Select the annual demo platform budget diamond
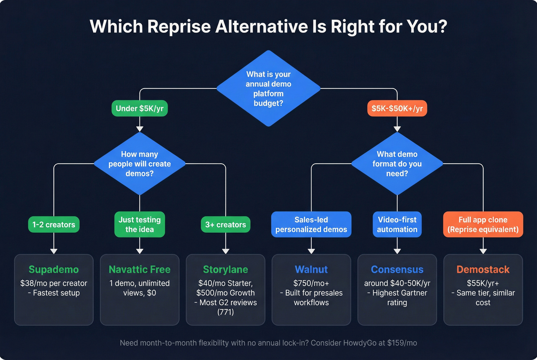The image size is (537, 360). coord(268,89)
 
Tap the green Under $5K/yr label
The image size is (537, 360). coord(140,108)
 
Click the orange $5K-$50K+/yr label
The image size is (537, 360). coord(397,108)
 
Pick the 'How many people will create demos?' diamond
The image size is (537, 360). coord(140,164)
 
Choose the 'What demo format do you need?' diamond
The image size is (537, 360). coord(397,164)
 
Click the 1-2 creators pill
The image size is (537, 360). coord(54,225)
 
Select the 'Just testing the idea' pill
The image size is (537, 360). coord(140,225)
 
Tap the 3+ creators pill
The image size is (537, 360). coord(226,225)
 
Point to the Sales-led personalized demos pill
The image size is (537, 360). coord(311,225)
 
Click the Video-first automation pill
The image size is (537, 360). coord(397,225)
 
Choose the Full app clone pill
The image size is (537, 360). coord(483,225)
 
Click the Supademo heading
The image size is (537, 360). coord(54,270)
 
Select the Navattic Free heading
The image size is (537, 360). coord(140,270)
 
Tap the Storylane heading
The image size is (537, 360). coord(226,270)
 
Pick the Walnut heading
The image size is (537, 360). coord(311,270)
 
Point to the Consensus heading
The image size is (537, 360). coord(397,270)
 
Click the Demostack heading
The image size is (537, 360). coord(483,270)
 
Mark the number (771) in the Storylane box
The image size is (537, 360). coord(226,312)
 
